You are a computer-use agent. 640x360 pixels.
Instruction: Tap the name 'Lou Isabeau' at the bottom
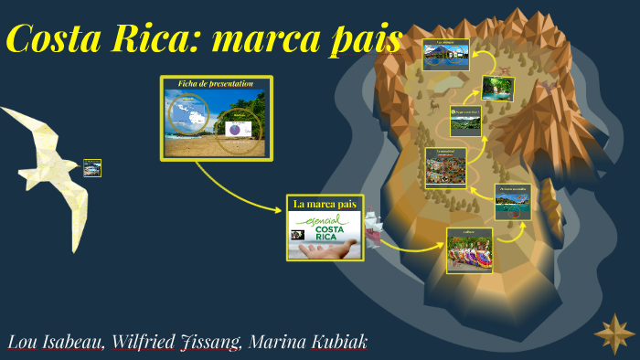pyautogui.click(x=55, y=342)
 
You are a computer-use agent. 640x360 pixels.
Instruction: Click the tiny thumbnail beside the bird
pyautogui.click(x=92, y=168)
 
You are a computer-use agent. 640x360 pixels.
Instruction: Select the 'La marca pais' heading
pyautogui.click(x=324, y=204)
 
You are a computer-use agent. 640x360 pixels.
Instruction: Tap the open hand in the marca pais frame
pyautogui.click(x=339, y=249)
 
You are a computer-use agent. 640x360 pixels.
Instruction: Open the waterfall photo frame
pyautogui.click(x=497, y=89)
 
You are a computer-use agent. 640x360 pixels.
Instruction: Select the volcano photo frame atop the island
pyautogui.click(x=445, y=54)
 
